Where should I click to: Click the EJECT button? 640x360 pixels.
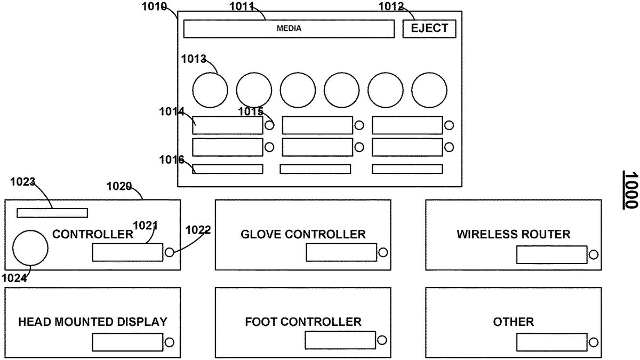[429, 28]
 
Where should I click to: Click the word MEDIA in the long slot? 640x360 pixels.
[289, 29]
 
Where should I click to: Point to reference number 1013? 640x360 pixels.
[194, 59]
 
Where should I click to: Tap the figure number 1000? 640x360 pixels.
[631, 190]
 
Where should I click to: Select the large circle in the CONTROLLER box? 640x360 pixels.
[30, 247]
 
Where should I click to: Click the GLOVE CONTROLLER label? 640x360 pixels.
[303, 234]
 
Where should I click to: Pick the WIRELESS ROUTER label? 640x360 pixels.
[513, 234]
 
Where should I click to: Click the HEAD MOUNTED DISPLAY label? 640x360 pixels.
[93, 322]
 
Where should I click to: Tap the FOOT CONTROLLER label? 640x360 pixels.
[303, 322]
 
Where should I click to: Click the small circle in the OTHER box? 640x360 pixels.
[593, 342]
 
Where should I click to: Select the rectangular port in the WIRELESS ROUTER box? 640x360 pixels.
[551, 255]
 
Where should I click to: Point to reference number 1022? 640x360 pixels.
[198, 230]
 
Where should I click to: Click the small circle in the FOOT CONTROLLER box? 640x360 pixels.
[382, 340]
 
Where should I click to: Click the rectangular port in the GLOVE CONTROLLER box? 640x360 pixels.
[341, 253]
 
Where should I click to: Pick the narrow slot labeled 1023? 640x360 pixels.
[52, 213]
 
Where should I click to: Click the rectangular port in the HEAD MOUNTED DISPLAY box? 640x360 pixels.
[127, 342]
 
